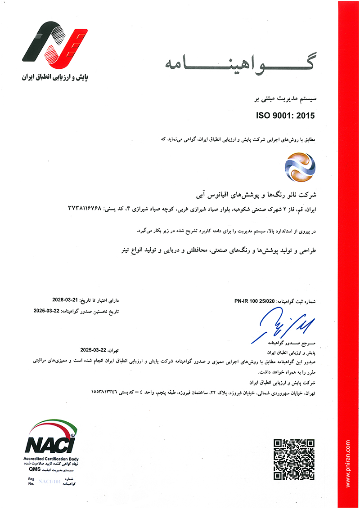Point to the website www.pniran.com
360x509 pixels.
click(x=348, y=463)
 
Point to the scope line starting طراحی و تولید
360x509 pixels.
click(x=220, y=250)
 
